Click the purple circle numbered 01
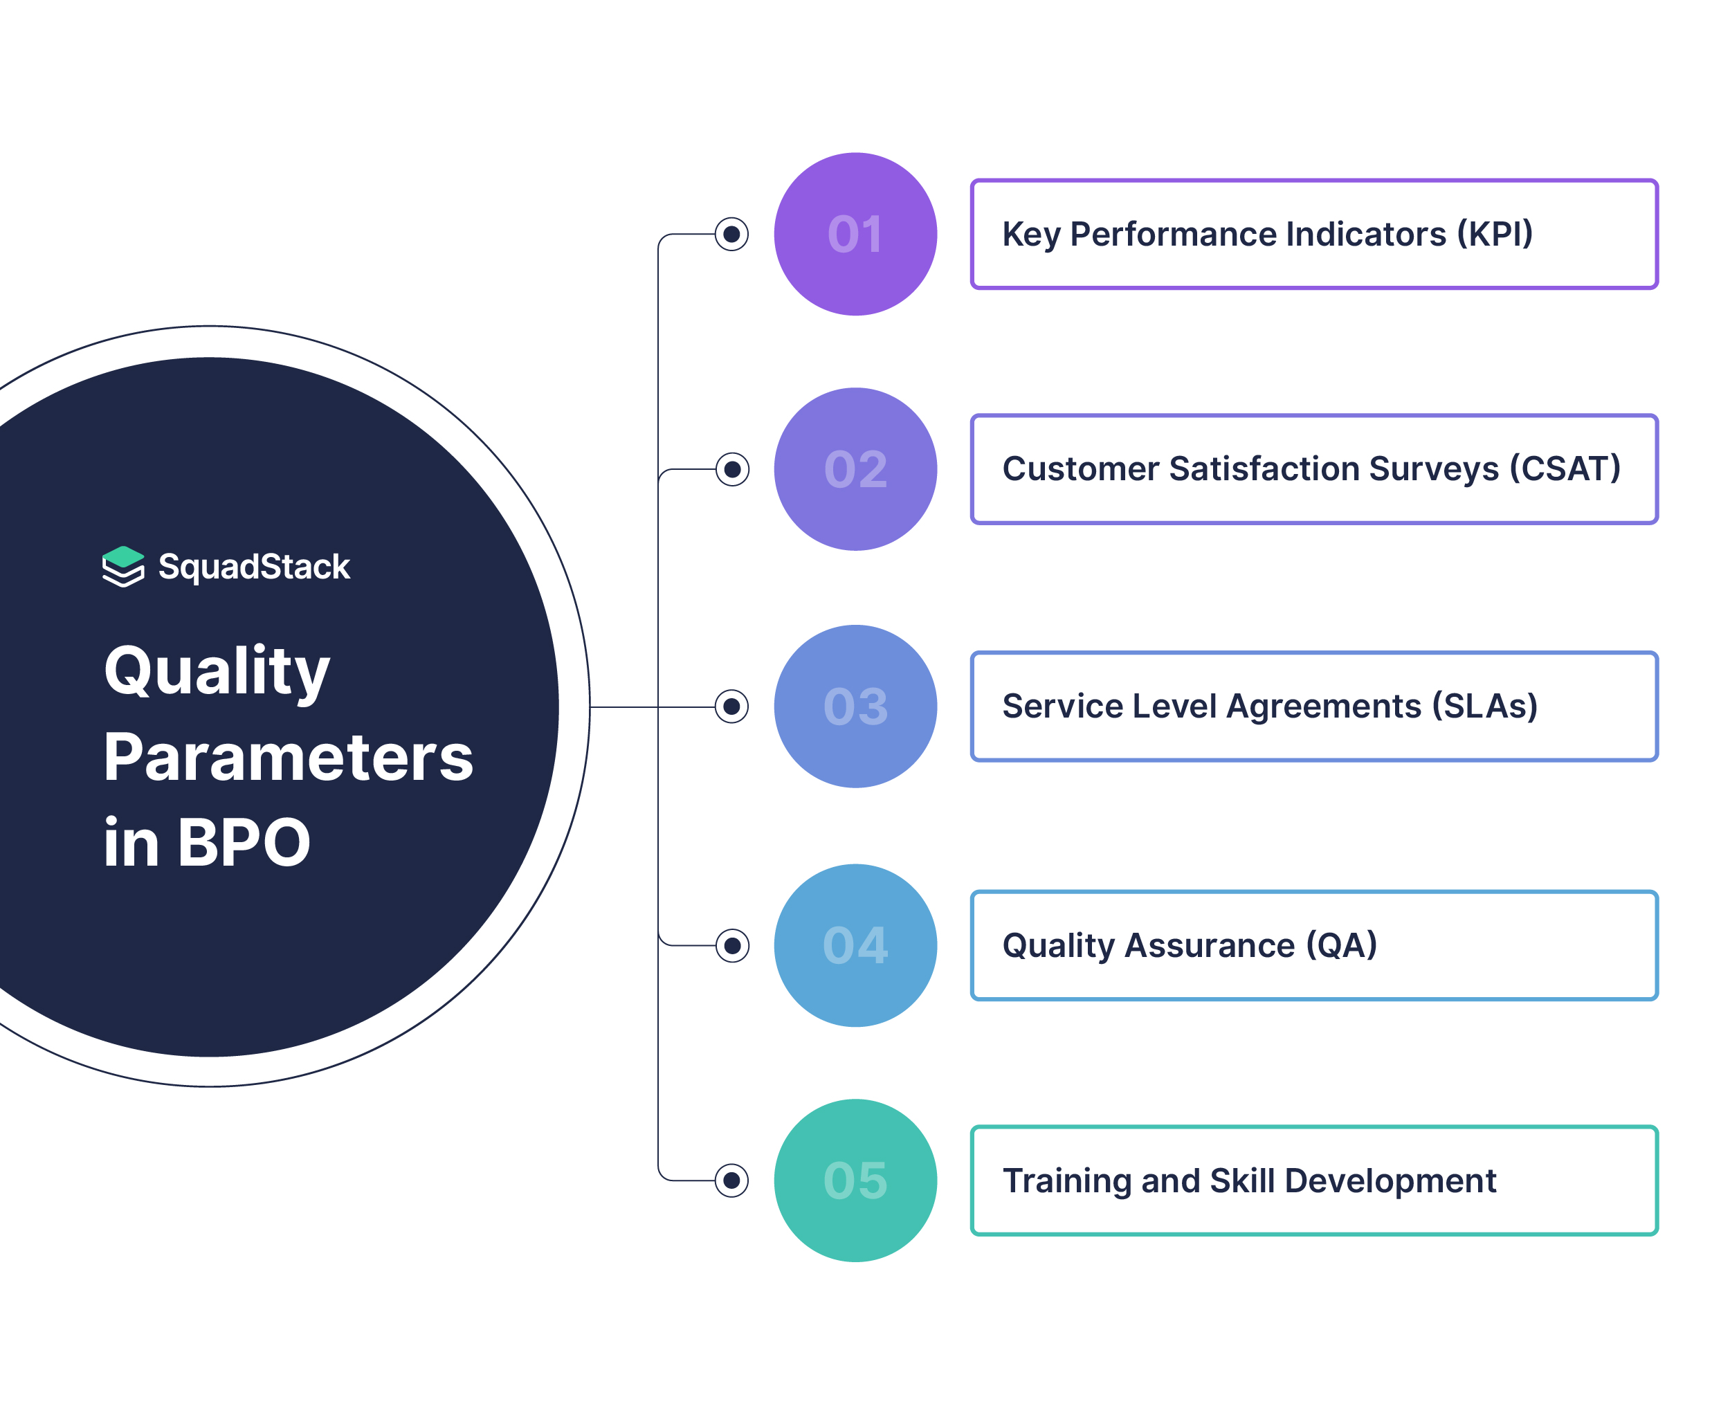(x=855, y=235)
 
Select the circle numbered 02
(x=855, y=469)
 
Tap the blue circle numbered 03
(x=855, y=706)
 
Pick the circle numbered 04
(x=855, y=945)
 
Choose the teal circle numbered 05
(x=855, y=1180)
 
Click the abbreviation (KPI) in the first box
(x=1495, y=235)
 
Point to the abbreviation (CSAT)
(x=1565, y=469)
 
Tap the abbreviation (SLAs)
(x=1485, y=706)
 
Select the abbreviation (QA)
(x=1342, y=945)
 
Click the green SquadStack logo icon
(x=123, y=567)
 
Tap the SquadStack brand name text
(x=254, y=567)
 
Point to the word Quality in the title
(x=217, y=673)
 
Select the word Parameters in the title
(x=288, y=758)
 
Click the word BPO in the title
(x=244, y=844)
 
